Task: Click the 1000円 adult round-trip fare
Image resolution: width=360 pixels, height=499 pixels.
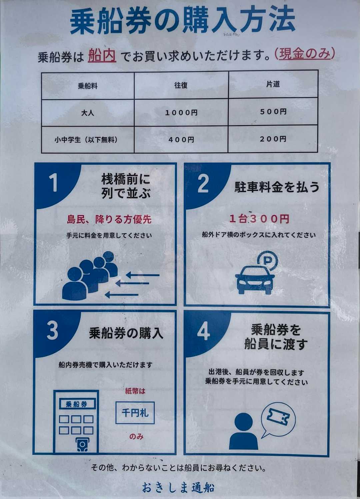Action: click(x=181, y=113)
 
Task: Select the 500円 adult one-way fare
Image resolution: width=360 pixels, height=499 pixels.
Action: click(x=273, y=111)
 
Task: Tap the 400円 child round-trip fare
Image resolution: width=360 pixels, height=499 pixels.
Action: click(x=181, y=140)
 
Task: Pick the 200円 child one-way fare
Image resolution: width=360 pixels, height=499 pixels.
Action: click(x=273, y=139)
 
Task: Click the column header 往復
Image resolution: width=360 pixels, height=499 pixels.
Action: click(x=181, y=85)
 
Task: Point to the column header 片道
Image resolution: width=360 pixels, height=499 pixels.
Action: click(x=273, y=84)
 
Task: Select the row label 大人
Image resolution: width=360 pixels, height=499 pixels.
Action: click(x=88, y=113)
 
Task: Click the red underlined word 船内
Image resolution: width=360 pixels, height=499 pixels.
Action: click(x=102, y=56)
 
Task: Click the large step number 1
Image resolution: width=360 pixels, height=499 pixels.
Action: click(x=54, y=183)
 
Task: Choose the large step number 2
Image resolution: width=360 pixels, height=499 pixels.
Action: click(x=203, y=183)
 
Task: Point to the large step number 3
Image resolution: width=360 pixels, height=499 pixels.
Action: click(x=53, y=330)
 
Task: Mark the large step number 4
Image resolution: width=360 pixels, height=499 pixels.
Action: click(x=203, y=331)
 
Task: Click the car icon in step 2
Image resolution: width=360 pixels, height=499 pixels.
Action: click(x=255, y=280)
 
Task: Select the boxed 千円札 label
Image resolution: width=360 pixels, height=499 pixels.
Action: click(x=135, y=413)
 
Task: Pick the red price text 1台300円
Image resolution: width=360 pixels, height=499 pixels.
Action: click(x=259, y=219)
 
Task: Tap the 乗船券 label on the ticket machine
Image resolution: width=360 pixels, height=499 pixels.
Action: click(x=76, y=404)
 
